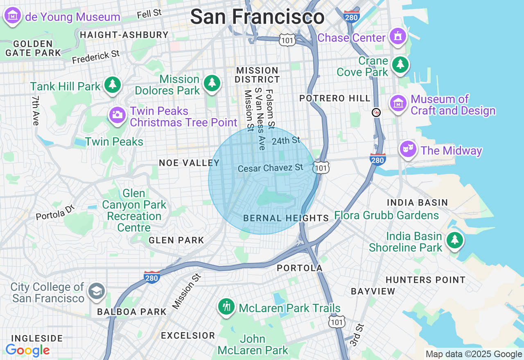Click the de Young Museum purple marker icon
[13, 16]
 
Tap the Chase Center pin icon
[397, 36]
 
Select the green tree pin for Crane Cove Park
[400, 64]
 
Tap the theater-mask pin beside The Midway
[408, 149]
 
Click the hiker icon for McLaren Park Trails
[226, 306]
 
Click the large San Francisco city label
[257, 17]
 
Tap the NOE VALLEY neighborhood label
[189, 163]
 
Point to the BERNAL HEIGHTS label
[286, 218]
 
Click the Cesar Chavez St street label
[270, 168]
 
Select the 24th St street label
[286, 141]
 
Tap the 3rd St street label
[357, 335]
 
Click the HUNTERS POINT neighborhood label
[425, 280]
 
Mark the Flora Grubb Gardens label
[386, 215]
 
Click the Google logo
[27, 350]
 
